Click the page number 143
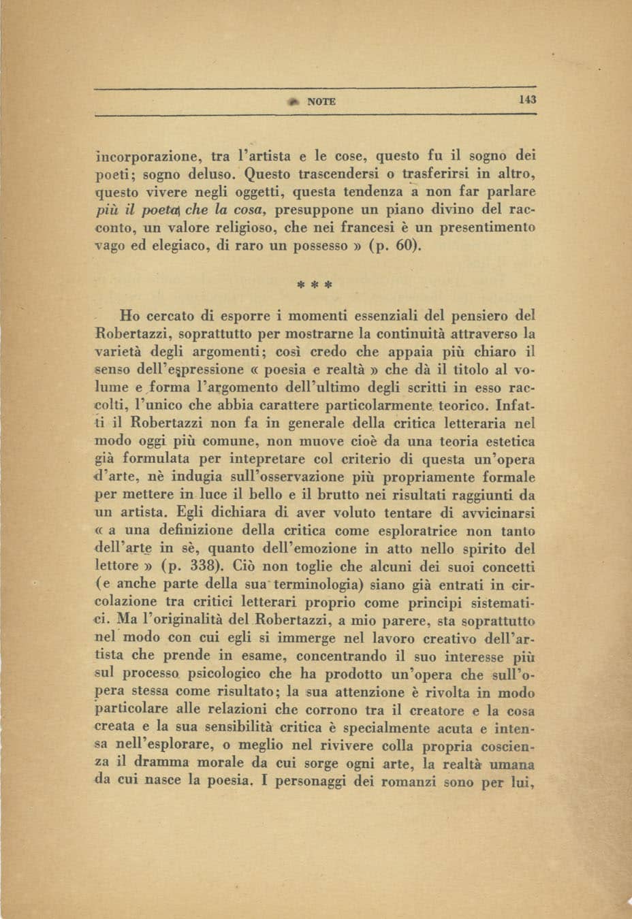point(528,99)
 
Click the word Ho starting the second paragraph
point(130,316)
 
